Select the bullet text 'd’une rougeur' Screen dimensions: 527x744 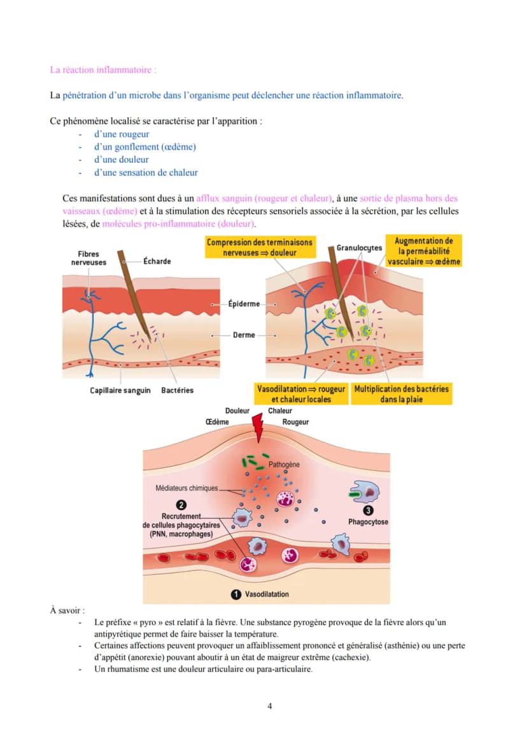click(122, 134)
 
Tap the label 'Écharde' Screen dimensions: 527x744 click(157, 261)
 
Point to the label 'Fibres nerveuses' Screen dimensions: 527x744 click(88, 258)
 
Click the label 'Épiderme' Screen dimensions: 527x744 click(244, 304)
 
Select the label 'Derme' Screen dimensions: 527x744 click(244, 335)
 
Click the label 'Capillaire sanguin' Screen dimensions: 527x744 click(120, 391)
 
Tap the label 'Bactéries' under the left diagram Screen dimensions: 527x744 click(178, 391)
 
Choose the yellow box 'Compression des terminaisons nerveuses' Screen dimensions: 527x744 click(260, 247)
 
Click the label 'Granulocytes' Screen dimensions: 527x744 click(359, 248)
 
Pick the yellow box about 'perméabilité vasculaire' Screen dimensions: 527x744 click(423, 251)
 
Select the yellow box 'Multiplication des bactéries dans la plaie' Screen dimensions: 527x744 click(402, 394)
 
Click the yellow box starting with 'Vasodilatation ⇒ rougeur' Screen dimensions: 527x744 click(301, 394)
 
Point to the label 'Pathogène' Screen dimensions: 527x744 click(284, 465)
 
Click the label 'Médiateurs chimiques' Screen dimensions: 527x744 click(187, 488)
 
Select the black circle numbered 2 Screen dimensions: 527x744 click(181, 505)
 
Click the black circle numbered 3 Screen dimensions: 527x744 click(368, 510)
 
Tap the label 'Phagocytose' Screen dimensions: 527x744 click(368, 522)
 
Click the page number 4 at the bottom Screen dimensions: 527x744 click(270, 706)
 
